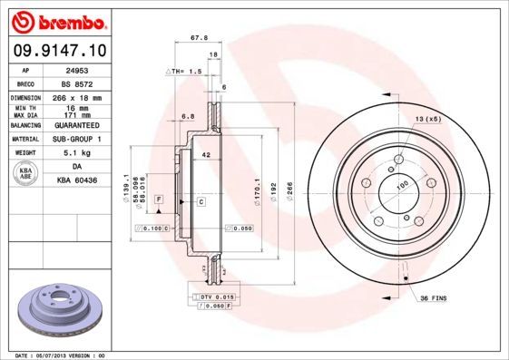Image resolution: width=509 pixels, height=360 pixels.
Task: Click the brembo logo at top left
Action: pyautogui.click(x=56, y=21)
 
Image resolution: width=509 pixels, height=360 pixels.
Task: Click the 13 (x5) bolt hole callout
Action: pyautogui.click(x=426, y=119)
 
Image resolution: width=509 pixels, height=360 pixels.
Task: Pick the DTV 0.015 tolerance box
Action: pyautogui.click(x=214, y=297)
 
